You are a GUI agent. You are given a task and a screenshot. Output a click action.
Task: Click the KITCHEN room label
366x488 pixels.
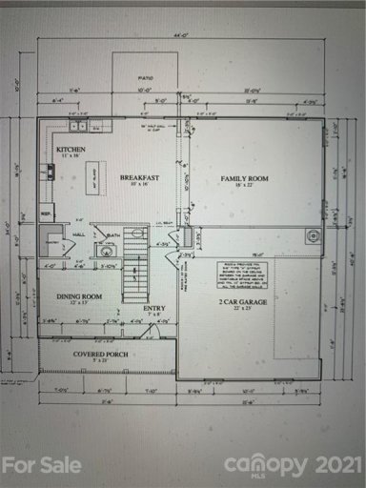[71, 151]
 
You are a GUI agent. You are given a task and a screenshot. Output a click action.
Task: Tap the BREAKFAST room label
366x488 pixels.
[137, 178]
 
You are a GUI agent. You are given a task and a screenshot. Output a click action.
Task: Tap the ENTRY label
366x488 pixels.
[153, 308]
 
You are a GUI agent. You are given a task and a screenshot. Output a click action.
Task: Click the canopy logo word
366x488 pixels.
[267, 464]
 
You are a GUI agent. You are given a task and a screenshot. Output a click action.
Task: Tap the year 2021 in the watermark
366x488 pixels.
[335, 463]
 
